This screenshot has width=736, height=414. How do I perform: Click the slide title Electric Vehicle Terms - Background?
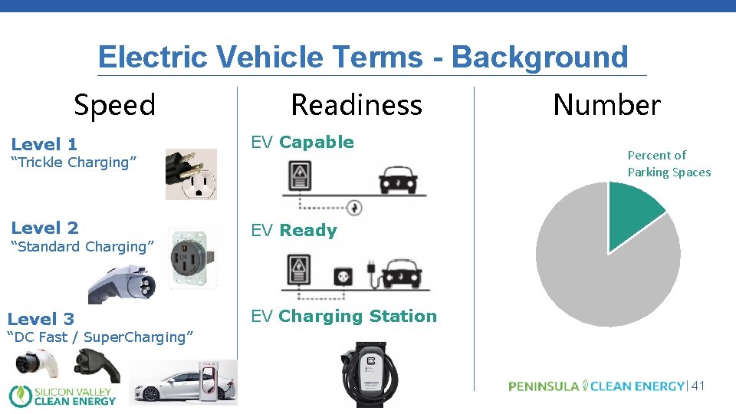click(363, 58)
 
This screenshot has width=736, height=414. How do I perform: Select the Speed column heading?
click(114, 105)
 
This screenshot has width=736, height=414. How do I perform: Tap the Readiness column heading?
click(356, 105)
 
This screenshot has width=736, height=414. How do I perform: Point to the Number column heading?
click(606, 105)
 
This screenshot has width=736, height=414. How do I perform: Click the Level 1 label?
click(44, 144)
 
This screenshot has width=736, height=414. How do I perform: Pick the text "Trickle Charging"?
click(74, 163)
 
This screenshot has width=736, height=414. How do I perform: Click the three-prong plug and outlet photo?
click(191, 174)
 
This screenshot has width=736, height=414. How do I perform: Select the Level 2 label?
click(44, 228)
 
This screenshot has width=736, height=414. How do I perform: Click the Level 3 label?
click(41, 319)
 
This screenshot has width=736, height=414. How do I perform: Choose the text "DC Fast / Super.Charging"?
click(100, 337)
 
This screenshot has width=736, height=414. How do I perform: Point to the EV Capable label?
click(303, 143)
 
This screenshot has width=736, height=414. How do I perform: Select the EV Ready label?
click(294, 231)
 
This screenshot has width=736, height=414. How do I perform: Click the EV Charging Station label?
click(344, 317)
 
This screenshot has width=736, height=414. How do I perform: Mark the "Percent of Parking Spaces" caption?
click(669, 164)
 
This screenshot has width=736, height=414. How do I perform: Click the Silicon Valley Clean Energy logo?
click(63, 395)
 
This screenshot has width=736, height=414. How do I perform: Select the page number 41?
click(697, 386)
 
